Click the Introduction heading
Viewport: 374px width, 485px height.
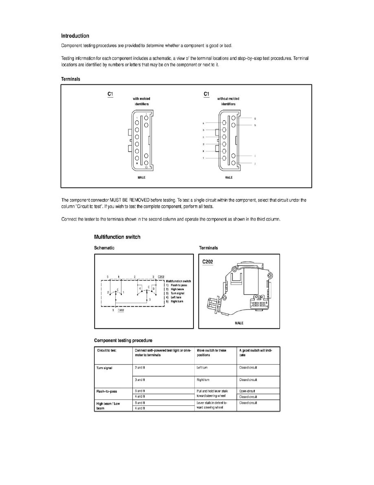point(75,36)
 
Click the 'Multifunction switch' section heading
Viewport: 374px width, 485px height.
point(117,237)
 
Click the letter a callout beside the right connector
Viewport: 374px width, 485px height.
point(203,122)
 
